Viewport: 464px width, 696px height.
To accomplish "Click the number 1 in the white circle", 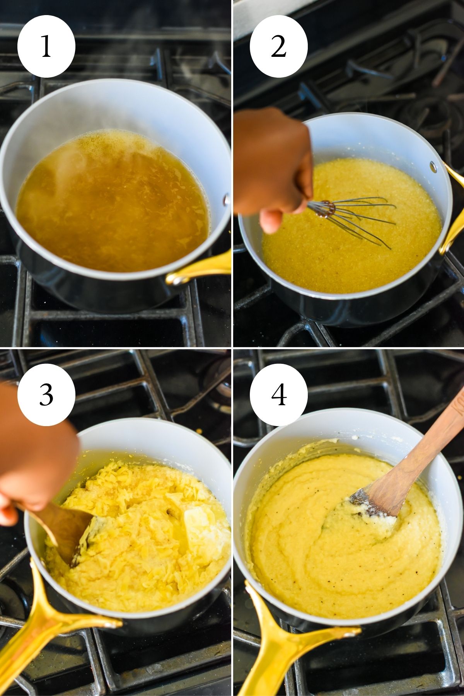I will click(x=46, y=46).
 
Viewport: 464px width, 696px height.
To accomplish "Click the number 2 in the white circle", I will click(x=278, y=46).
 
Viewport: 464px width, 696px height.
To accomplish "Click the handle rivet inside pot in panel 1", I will click(x=226, y=200).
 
